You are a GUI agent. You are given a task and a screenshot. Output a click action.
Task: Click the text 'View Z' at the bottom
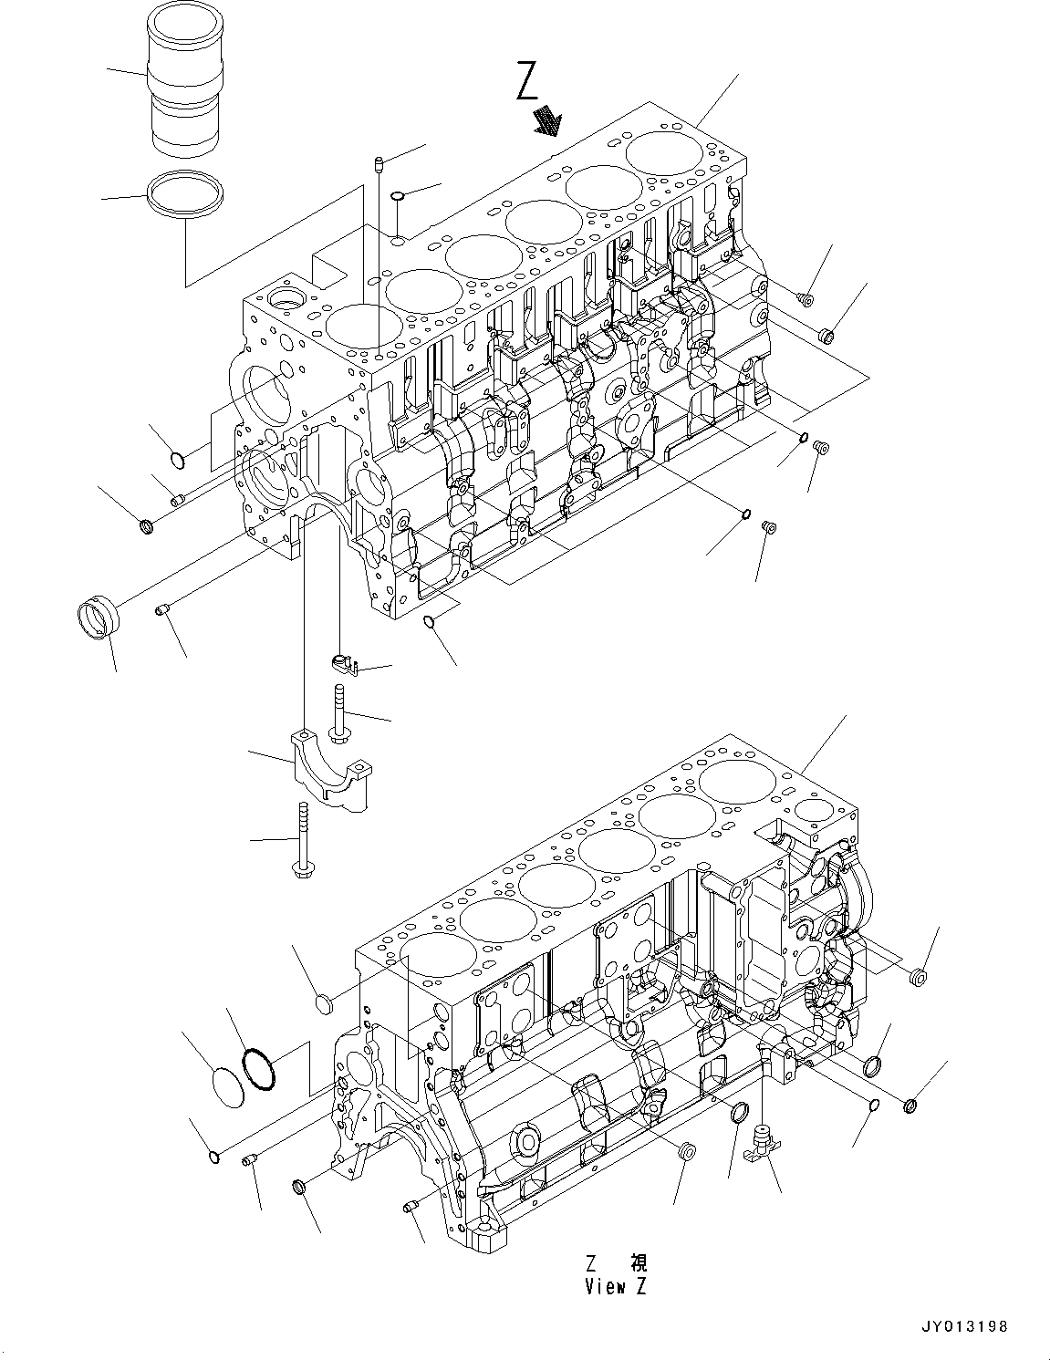click(x=618, y=1287)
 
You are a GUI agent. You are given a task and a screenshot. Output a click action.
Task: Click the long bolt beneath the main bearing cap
click(x=302, y=841)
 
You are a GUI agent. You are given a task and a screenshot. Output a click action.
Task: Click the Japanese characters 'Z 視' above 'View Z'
click(x=618, y=1263)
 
